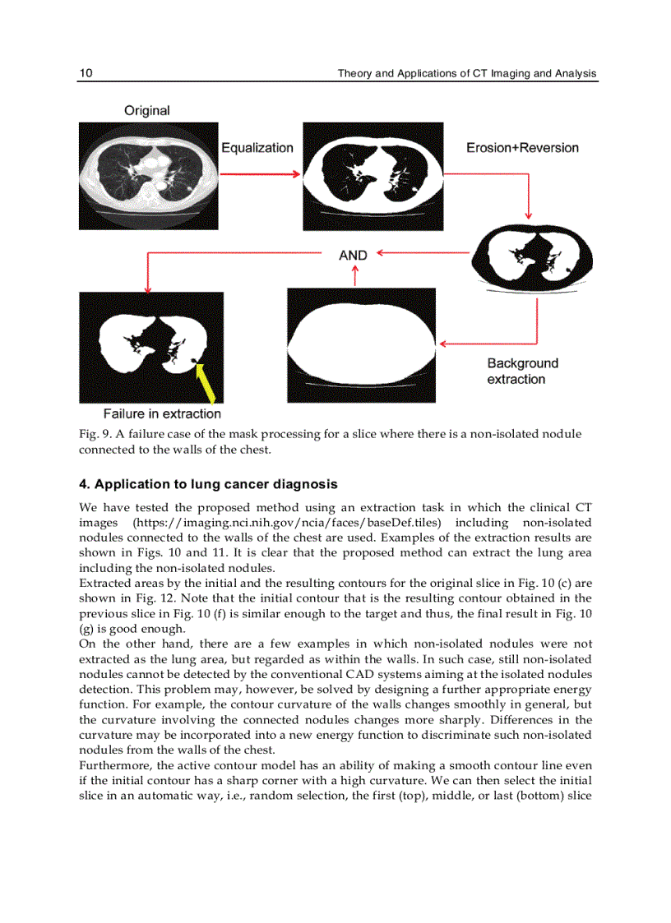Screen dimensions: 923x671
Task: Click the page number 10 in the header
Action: (x=86, y=74)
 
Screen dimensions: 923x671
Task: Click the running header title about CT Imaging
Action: (x=467, y=74)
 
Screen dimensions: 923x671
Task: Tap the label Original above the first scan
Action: (x=147, y=110)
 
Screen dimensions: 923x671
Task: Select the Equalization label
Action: (x=257, y=148)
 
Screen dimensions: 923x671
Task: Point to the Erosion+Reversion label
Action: (x=522, y=148)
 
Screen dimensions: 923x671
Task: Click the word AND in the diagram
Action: (x=353, y=256)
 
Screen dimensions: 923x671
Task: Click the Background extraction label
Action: (x=522, y=371)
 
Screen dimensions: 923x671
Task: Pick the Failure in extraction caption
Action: (x=162, y=413)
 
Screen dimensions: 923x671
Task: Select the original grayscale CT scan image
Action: (x=148, y=176)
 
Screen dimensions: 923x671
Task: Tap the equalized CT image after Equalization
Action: (x=373, y=176)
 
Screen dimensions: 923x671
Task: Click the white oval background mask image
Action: (x=361, y=345)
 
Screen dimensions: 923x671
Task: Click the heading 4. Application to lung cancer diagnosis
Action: (x=208, y=484)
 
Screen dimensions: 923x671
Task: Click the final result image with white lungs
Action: (x=150, y=347)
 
